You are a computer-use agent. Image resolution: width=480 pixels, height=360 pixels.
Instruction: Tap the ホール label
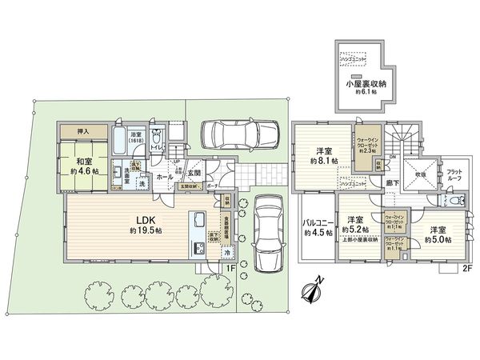tap(163, 176)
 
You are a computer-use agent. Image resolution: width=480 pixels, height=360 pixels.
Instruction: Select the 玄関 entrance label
tap(193, 172)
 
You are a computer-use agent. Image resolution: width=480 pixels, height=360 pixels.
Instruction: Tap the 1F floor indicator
tap(230, 268)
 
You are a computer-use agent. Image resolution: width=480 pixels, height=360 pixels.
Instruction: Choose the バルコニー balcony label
tap(317, 228)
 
